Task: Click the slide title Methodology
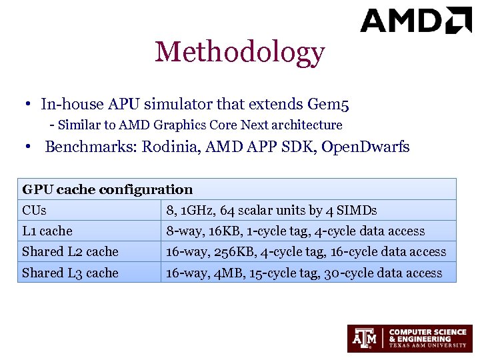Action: coord(239,52)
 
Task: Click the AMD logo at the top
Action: coord(415,21)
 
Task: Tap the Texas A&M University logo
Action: coord(409,338)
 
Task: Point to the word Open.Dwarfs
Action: coord(365,147)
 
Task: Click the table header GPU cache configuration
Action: coord(107,190)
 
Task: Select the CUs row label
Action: coord(34,211)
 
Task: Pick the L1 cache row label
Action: coord(47,231)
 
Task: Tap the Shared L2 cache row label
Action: coord(70,252)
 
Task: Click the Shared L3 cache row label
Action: coord(70,273)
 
